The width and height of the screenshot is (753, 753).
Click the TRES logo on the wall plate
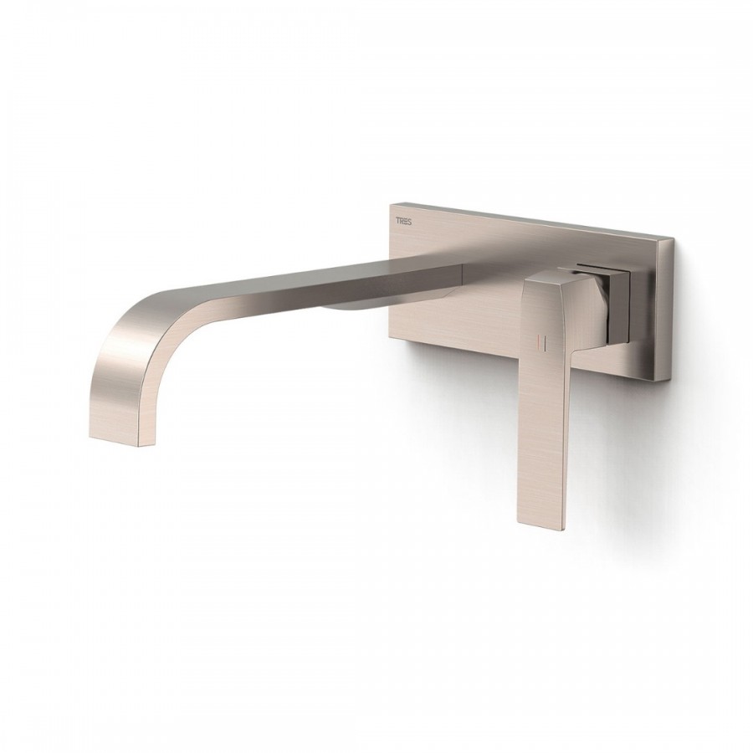pyautogui.click(x=403, y=220)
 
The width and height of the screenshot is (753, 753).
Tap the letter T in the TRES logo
pyautogui.click(x=397, y=220)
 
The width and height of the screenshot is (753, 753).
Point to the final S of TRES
pyautogui.click(x=409, y=220)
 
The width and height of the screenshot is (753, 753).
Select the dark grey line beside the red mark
pyautogui.click(x=543, y=341)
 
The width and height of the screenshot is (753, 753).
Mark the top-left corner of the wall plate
pyautogui.click(x=388, y=205)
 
